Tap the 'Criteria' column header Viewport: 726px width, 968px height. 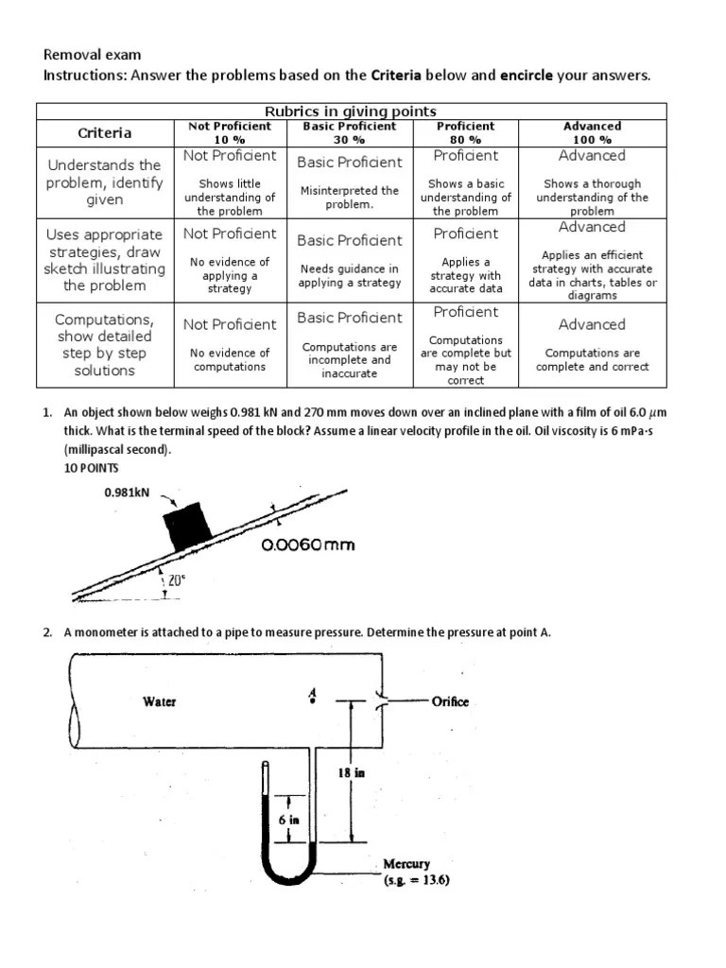[105, 132]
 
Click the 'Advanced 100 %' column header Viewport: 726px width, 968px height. [592, 132]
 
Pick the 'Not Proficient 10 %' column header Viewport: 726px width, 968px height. [230, 132]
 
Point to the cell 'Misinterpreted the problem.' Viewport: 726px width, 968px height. [350, 197]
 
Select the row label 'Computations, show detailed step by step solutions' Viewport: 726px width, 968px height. [105, 345]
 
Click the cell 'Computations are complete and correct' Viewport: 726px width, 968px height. [592, 360]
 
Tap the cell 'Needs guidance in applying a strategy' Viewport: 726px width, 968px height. [350, 275]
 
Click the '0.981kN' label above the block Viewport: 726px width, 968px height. [128, 493]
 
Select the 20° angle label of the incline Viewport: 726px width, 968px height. [177, 580]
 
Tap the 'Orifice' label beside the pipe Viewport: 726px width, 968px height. [450, 701]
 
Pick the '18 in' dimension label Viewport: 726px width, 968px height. [352, 773]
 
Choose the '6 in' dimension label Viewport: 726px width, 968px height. [287, 820]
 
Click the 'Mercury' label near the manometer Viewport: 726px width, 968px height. [406, 864]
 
